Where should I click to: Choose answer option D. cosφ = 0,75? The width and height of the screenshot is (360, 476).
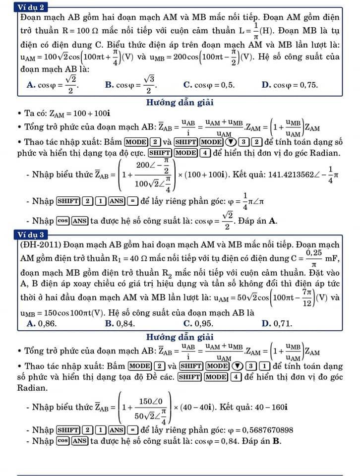coord(289,85)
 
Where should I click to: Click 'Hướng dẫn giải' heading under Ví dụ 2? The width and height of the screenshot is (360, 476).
coord(180,103)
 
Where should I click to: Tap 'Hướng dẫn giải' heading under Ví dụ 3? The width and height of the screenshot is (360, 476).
coord(180,337)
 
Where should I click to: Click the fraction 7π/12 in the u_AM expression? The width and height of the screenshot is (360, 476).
coord(306,297)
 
